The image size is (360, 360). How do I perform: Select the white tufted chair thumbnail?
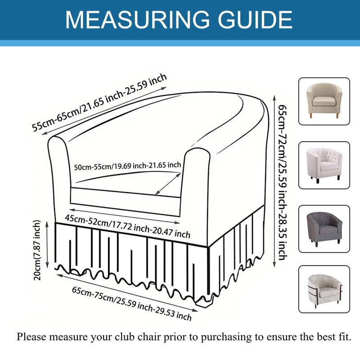324,165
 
